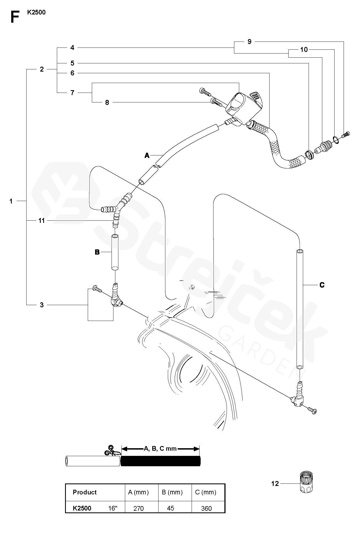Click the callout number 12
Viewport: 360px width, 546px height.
click(x=275, y=483)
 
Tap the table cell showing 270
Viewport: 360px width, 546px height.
click(x=139, y=508)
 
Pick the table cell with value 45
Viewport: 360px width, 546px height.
click(x=170, y=508)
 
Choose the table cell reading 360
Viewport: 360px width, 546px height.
click(x=206, y=508)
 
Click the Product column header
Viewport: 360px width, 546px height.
click(x=85, y=492)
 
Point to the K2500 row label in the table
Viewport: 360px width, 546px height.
click(x=82, y=508)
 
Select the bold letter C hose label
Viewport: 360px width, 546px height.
click(x=322, y=285)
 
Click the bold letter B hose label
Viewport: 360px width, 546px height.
click(x=97, y=252)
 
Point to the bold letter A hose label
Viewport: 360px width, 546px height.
click(x=147, y=155)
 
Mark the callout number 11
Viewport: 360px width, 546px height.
click(x=42, y=220)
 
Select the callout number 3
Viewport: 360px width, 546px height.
click(x=42, y=305)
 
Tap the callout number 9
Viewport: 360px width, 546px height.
click(x=249, y=42)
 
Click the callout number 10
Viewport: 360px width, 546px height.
click(x=304, y=49)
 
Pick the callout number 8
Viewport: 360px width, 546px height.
click(x=107, y=102)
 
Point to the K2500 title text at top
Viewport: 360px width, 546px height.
click(x=36, y=12)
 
